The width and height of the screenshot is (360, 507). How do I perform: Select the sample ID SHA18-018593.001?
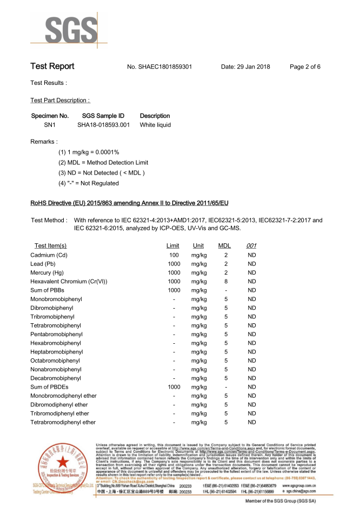tap(103, 125)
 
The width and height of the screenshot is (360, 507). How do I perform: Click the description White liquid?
tap(155, 125)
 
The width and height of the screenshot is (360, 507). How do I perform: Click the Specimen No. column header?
tap(50, 116)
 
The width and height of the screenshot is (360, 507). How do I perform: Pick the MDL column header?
tap(224, 246)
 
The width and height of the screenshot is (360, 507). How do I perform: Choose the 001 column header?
tap(251, 246)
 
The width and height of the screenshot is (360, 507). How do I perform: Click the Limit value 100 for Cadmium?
tap(174, 255)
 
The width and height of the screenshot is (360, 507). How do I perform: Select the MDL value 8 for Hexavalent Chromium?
tap(226, 282)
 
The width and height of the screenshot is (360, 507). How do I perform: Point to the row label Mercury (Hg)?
tap(47, 272)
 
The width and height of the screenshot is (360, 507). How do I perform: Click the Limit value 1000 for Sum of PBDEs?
tap(174, 387)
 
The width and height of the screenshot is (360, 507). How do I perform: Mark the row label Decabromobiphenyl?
tap(56, 378)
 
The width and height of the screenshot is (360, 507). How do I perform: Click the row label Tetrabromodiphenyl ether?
tap(63, 422)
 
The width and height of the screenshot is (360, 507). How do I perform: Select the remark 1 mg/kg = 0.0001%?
tap(89, 152)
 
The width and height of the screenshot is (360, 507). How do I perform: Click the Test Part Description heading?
tap(60, 101)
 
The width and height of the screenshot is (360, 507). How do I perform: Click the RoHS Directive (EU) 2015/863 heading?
tap(129, 203)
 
